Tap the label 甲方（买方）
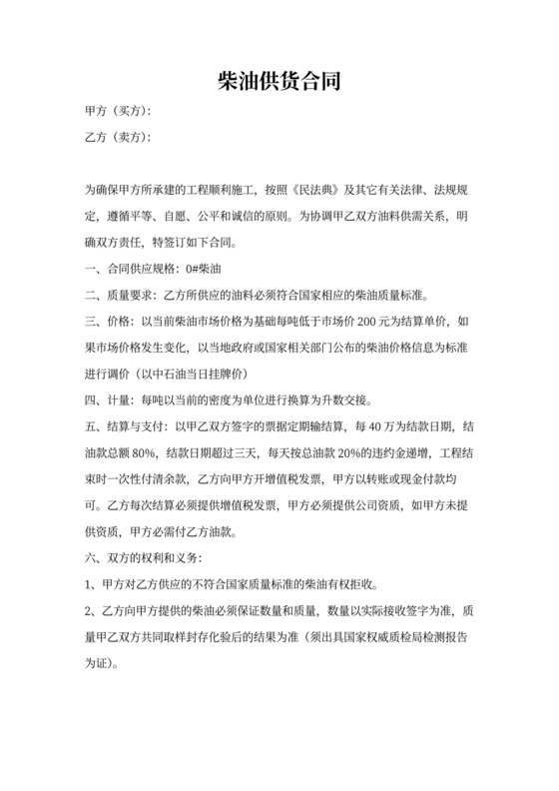pyautogui.click(x=120, y=111)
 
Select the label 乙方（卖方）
pyautogui.click(x=120, y=137)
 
